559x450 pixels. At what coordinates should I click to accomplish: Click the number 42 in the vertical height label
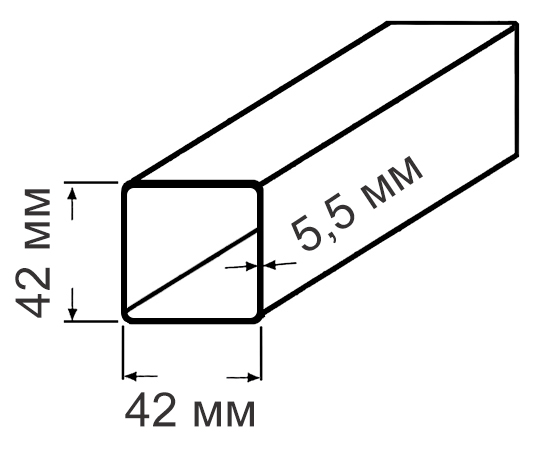pos(33,292)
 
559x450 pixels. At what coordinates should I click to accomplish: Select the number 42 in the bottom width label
pos(151,409)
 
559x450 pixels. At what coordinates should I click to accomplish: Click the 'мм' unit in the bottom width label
pos(224,413)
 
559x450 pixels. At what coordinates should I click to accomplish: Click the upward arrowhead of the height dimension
pos(72,193)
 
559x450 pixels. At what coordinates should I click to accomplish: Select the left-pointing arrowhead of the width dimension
pos(130,376)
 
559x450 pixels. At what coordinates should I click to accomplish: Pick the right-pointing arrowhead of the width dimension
pos(253,377)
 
